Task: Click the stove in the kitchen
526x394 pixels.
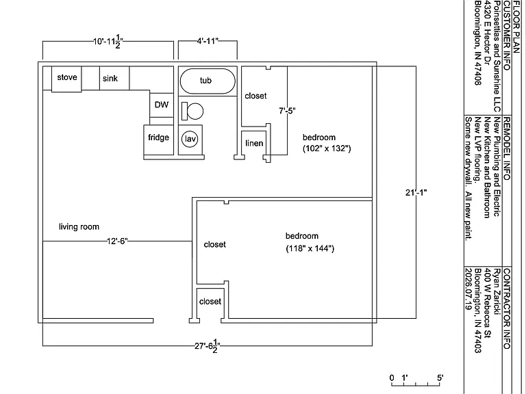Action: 66,79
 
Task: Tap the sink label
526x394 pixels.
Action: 110,79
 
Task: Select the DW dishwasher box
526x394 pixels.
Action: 162,105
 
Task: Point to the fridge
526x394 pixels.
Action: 159,140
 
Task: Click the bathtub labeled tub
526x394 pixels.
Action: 208,81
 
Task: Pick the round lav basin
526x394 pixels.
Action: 190,139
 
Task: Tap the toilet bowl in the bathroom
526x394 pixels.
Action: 195,111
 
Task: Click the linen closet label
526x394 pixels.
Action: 254,144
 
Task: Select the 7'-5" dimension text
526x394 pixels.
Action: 287,111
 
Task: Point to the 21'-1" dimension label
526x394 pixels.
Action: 416,193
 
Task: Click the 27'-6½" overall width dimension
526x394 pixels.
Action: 208,346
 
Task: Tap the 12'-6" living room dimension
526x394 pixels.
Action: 117,241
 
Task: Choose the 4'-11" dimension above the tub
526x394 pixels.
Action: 208,41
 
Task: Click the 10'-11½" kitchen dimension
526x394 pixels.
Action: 108,42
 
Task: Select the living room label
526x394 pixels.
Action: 79,227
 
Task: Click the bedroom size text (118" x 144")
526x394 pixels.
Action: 310,248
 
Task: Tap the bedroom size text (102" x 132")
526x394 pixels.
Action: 327,148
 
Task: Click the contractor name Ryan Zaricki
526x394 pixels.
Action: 497,291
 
